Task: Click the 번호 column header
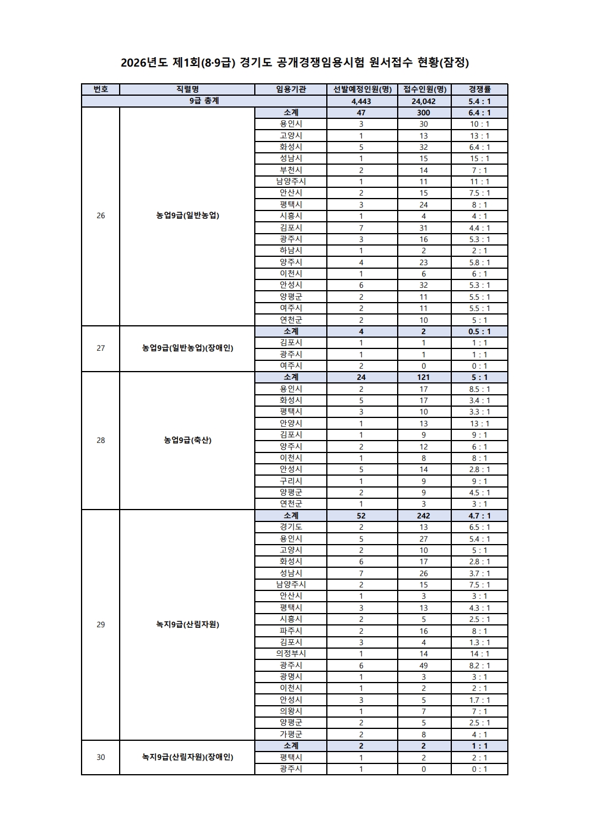pos(101,89)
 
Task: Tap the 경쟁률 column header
pos(479,89)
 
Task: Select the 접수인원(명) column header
pos(424,89)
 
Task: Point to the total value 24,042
pos(424,101)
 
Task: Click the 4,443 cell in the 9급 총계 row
pos(361,101)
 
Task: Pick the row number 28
pos(101,440)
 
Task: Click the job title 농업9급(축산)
pos(188,440)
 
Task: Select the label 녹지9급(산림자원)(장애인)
pos(188,757)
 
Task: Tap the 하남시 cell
pos(291,250)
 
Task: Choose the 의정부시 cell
pos(291,653)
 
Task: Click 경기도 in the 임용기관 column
pos(291,527)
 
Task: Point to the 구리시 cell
pos(291,480)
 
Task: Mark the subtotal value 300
pos(424,112)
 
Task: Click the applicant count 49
pos(424,665)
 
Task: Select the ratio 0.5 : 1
pos(479,331)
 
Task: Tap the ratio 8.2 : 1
pos(479,665)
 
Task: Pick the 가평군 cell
pos(291,734)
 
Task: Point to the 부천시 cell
pos(291,170)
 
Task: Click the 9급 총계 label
pos(204,101)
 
